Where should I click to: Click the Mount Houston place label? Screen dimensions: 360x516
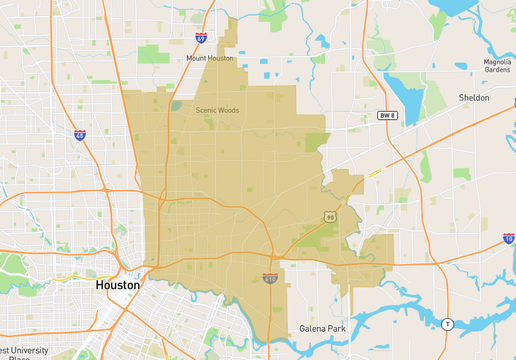209,59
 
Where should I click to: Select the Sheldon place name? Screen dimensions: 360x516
473,98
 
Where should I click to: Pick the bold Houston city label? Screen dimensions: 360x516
118,285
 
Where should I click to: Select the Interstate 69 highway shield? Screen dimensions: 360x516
202,39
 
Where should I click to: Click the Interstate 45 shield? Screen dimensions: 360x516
80,134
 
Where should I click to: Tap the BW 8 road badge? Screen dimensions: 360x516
387,115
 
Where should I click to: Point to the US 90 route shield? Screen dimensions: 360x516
329,216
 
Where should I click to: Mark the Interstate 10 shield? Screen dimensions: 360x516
508,239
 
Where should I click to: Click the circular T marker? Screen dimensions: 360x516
447,323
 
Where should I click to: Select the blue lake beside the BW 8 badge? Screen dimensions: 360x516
405,92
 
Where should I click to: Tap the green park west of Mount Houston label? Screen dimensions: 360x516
153,54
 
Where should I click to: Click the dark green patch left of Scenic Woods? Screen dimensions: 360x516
176,105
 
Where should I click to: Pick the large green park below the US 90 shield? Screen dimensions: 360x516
322,238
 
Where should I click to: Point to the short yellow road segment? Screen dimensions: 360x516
375,172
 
